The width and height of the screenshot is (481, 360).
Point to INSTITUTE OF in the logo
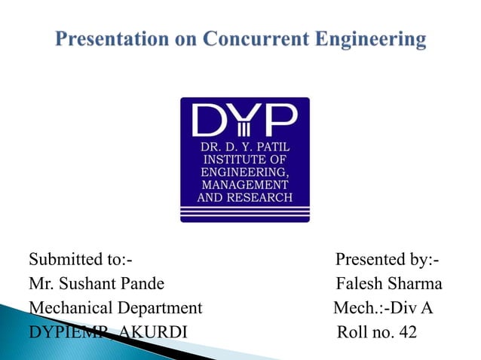244,159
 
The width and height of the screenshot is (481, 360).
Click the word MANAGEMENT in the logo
244,185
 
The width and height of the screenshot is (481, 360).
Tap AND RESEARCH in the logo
244,198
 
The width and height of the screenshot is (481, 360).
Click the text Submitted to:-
81,261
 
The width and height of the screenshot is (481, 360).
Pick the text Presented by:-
388,261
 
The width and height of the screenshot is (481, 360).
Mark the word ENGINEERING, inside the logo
244,172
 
